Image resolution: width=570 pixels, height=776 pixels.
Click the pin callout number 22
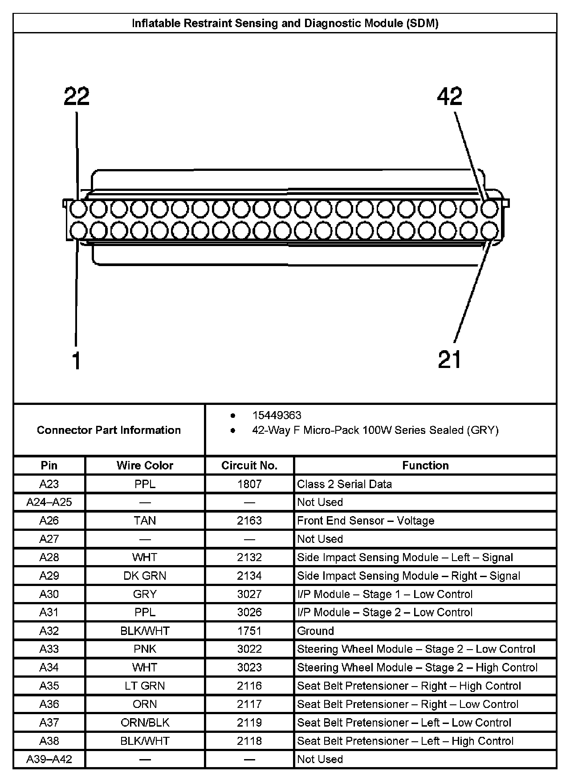click(x=77, y=97)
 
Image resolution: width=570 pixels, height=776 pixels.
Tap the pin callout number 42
click(x=450, y=97)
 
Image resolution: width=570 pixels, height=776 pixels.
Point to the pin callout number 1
click(x=77, y=360)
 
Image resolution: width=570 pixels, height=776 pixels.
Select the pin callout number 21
click(x=450, y=360)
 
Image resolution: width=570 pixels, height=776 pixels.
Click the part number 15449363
click(x=277, y=415)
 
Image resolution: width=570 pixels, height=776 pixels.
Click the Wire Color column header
click(x=145, y=465)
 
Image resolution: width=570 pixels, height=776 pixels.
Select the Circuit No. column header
click(x=249, y=465)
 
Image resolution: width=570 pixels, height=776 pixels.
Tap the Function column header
click(x=425, y=465)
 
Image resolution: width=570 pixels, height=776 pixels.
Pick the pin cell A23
click(x=49, y=484)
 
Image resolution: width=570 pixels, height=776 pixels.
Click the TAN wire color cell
click(x=145, y=521)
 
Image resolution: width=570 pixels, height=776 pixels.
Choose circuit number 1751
click(x=249, y=631)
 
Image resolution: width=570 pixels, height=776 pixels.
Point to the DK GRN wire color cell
click(x=145, y=576)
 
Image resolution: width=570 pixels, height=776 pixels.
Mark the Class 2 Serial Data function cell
click(x=344, y=484)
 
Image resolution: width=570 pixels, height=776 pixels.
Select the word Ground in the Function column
click(x=315, y=631)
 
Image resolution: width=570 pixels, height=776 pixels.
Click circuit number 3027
click(x=249, y=594)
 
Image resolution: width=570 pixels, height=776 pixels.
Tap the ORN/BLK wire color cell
click(x=145, y=723)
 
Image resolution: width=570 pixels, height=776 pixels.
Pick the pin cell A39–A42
click(x=49, y=759)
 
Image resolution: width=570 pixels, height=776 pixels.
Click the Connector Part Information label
click(x=109, y=430)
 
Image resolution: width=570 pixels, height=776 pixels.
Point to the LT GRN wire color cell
click(x=145, y=686)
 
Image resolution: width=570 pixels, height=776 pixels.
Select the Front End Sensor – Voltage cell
click(x=366, y=521)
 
